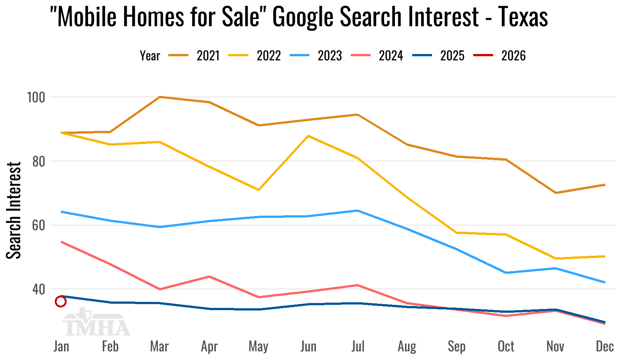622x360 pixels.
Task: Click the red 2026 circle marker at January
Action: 61,301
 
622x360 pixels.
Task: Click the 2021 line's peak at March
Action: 160,97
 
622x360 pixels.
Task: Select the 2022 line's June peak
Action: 308,136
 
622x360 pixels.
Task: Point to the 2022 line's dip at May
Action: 259,190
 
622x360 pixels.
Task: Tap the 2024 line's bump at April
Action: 209,277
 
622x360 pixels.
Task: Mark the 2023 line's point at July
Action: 358,211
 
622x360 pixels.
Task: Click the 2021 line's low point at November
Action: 555,193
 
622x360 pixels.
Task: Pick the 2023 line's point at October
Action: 506,273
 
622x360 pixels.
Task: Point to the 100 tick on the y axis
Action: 36,97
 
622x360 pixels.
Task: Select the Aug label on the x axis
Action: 407,346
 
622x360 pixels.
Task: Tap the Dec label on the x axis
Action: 604,346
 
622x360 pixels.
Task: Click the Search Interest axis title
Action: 14,210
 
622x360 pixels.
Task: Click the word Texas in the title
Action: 523,17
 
